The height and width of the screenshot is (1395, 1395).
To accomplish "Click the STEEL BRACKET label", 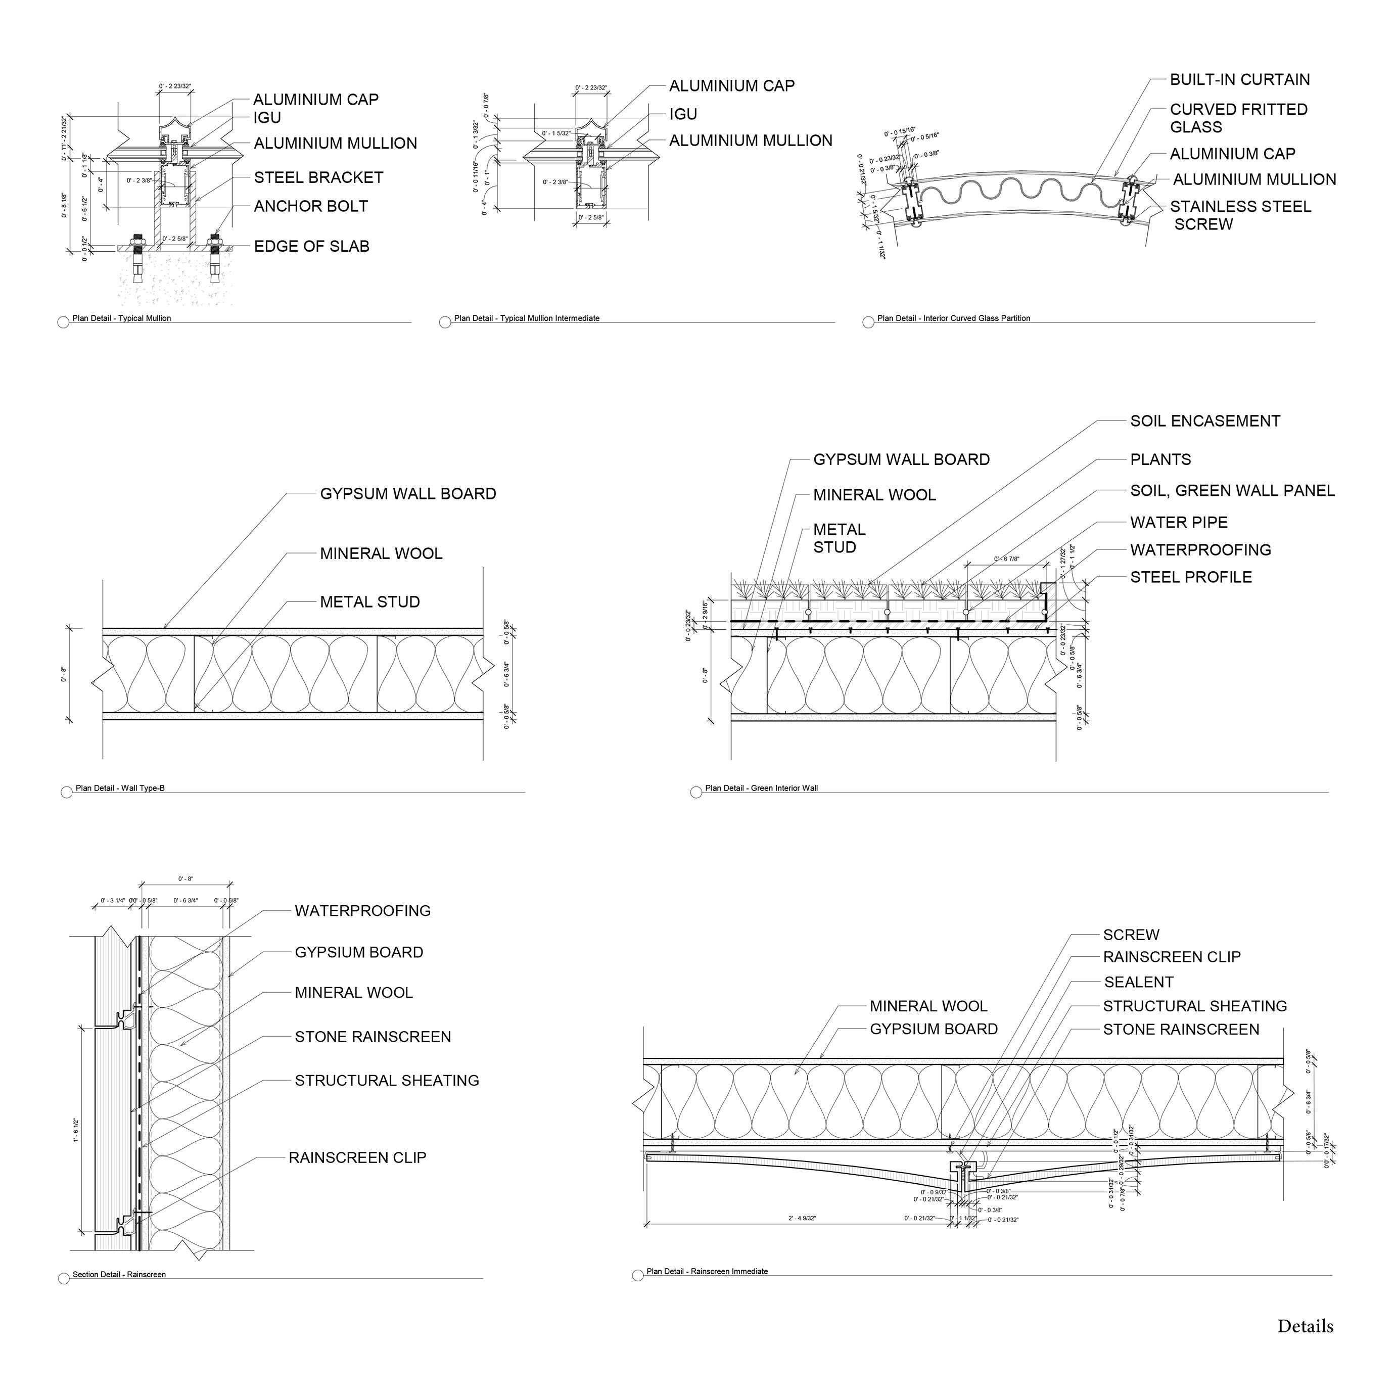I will pos(318,177).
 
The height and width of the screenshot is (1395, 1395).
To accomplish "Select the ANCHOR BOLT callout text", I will pos(310,207).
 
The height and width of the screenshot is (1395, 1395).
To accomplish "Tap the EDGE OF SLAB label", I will pos(311,247).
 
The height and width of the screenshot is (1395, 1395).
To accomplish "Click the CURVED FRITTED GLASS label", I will pos(1238,118).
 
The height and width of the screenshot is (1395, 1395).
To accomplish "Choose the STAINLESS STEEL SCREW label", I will pos(1240,215).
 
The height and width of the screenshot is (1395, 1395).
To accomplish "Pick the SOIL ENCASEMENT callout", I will pos(1204,421).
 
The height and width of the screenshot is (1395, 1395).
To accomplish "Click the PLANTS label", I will pos(1160,460).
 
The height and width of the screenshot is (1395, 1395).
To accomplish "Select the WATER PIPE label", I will pos(1178,523).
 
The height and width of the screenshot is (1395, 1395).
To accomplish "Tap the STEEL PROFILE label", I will pos(1191,578).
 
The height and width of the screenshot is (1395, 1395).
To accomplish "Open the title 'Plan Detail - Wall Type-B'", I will pos(120,788).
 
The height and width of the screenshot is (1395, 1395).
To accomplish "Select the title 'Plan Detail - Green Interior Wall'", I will pos(761,788).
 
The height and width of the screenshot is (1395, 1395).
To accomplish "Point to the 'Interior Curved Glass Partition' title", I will pos(953,318).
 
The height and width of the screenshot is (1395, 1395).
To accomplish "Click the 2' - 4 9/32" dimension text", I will pos(802,1219).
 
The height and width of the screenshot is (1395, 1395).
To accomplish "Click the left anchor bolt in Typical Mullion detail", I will pos(136,256).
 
